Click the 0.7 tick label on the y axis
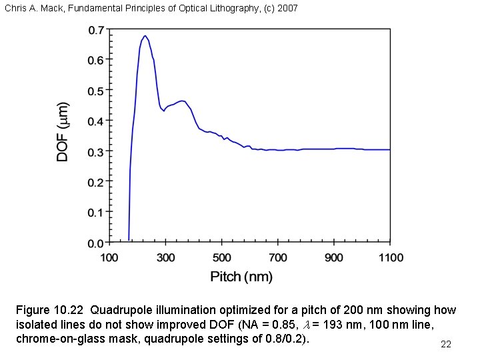coord(97,29)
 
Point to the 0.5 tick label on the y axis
coord(97,90)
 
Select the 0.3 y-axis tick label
coord(97,151)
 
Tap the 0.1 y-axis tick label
coord(97,212)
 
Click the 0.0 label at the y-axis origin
coord(97,243)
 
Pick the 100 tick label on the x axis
coord(109,257)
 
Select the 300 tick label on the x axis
coord(165,257)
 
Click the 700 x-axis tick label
coord(278,257)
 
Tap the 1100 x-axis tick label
coord(390,257)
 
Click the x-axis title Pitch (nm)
coord(241,276)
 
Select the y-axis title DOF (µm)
coord(63,131)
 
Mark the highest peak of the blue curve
coord(145,36)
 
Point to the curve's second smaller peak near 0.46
coord(181,101)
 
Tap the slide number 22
coord(446,344)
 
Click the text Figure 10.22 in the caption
coord(51,310)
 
